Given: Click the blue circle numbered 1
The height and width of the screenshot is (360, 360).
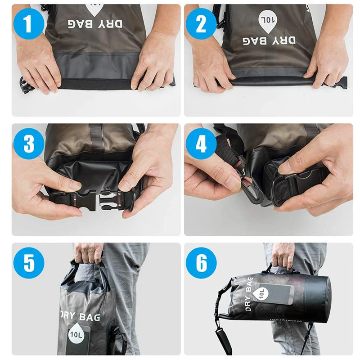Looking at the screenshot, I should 28,23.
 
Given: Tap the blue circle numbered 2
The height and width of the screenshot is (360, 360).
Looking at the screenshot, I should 200,23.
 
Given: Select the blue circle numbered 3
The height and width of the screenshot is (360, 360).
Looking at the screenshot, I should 28,144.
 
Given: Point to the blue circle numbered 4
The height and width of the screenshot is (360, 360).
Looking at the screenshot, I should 200,144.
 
